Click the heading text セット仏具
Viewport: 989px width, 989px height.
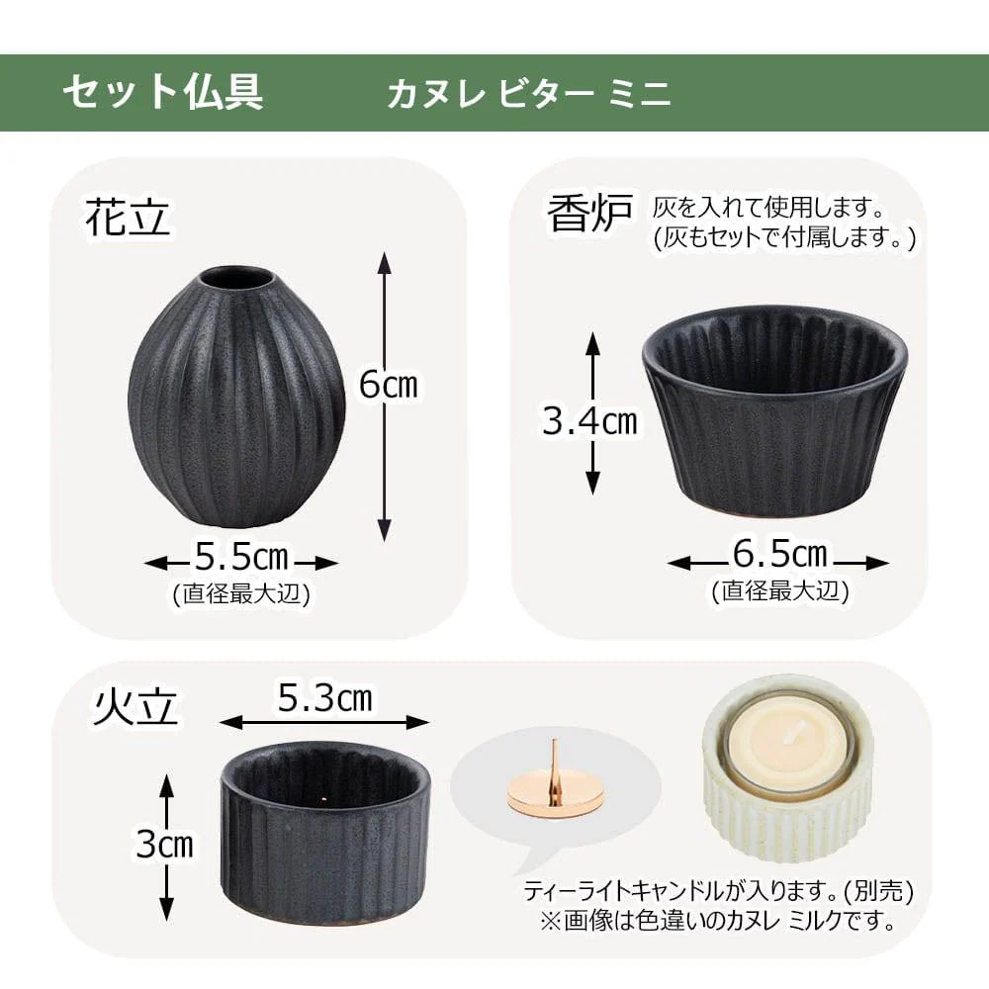162,92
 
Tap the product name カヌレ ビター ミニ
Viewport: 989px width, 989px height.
529,93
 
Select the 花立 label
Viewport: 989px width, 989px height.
128,218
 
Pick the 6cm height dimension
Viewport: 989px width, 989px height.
388,385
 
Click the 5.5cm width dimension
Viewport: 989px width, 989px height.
241,559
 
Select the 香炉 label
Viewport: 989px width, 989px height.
589,214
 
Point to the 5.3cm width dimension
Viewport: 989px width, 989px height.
324,699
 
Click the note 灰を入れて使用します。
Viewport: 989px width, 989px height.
766,209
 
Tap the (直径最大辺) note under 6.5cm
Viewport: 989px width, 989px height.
779,591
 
